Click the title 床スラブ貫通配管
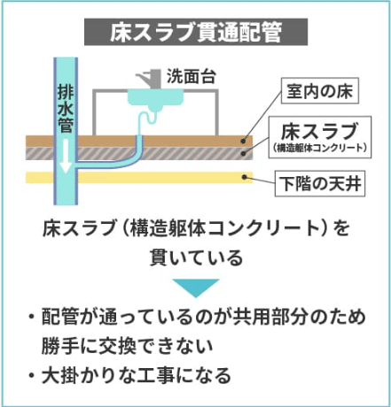tap(196, 32)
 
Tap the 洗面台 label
tap(192, 76)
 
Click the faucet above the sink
tap(149, 79)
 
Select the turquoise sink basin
tap(155, 98)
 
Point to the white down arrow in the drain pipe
tap(66, 156)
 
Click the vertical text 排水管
tap(66, 108)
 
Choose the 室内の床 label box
tap(320, 90)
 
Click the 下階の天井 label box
tap(320, 183)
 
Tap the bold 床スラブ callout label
tap(319, 131)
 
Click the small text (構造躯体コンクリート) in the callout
tap(320, 148)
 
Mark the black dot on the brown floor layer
tap(243, 142)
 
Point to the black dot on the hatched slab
tap(244, 153)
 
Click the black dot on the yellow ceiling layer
tap(245, 177)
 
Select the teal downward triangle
tap(196, 288)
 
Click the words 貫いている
tap(196, 257)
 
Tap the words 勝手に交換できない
tap(128, 346)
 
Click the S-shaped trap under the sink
tap(147, 121)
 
